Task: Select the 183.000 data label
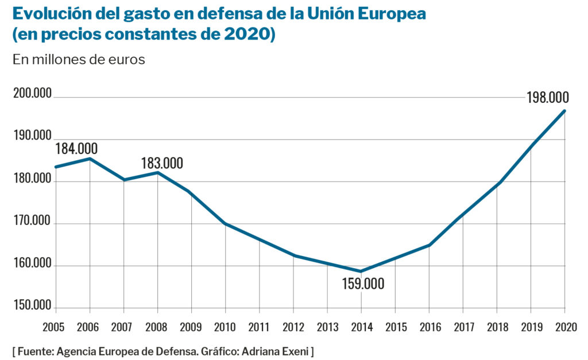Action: coord(162,163)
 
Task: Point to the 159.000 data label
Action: coord(363,284)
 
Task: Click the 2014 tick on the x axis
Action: coord(361,327)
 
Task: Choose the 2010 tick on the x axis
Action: coord(225,327)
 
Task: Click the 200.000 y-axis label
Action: coord(32,94)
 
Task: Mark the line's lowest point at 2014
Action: coord(361,271)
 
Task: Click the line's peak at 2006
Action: coord(90,158)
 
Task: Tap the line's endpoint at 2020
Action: coord(565,111)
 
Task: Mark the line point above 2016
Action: coord(428,245)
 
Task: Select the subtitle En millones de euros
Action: coord(79,59)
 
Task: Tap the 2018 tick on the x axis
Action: coord(496,327)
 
